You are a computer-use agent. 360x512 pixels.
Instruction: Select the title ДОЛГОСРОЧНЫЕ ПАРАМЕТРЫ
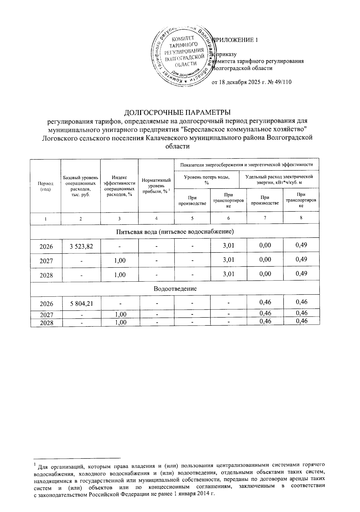click(178, 113)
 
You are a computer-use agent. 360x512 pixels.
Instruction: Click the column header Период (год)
click(45, 186)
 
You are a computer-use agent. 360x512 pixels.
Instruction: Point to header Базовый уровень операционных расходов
click(80, 186)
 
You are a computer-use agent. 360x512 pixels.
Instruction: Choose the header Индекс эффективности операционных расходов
click(119, 186)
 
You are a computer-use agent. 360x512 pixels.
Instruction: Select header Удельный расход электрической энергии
click(279, 180)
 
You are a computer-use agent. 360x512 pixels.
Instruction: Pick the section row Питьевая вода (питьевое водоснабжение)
click(175, 232)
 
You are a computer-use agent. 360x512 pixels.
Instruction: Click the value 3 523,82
click(81, 247)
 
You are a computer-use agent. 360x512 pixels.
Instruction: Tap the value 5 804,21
click(82, 304)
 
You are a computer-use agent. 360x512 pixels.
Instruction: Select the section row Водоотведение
click(175, 289)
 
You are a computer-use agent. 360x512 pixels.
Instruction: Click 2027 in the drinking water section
click(46, 261)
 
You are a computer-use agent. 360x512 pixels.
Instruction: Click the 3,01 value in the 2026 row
click(228, 246)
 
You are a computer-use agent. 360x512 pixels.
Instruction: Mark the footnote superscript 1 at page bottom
click(35, 465)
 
